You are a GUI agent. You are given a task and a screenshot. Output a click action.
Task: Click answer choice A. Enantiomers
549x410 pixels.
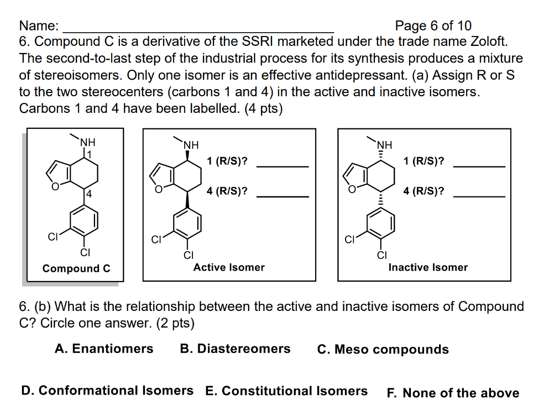[104, 349]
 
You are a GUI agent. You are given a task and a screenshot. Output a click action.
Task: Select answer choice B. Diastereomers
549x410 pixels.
[235, 349]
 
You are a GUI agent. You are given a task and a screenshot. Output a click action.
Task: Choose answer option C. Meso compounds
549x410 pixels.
[383, 349]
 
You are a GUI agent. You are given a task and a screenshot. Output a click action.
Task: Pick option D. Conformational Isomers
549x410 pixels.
[107, 391]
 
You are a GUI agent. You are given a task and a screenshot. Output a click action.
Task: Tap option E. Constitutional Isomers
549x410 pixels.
[286, 391]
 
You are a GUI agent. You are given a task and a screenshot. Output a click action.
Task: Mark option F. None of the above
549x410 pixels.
[453, 393]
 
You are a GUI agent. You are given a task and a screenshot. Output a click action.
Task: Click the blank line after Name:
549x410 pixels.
[198, 32]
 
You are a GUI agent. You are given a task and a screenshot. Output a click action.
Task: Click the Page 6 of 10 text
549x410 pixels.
[433, 25]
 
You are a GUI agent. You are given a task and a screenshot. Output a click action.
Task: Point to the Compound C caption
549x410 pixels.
[76, 268]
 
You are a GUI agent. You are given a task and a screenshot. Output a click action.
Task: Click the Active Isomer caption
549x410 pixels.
[229, 267]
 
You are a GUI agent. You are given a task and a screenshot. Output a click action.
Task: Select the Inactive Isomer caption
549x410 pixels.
[428, 267]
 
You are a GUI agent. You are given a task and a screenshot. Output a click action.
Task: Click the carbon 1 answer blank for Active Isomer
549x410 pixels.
[283, 167]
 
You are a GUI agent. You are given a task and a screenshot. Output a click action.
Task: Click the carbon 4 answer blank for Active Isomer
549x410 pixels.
[283, 196]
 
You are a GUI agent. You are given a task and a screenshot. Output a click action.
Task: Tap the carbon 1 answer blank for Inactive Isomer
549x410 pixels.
[479, 167]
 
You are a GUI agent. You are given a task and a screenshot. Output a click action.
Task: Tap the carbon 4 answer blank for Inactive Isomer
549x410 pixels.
[479, 196]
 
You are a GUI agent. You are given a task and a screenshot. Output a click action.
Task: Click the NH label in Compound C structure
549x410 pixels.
[88, 142]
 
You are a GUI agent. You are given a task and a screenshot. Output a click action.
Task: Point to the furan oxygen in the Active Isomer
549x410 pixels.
[159, 190]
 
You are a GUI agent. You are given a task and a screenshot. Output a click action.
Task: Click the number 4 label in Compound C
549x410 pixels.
[89, 194]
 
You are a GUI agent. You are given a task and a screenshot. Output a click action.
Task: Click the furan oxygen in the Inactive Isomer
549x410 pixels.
[352, 190]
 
